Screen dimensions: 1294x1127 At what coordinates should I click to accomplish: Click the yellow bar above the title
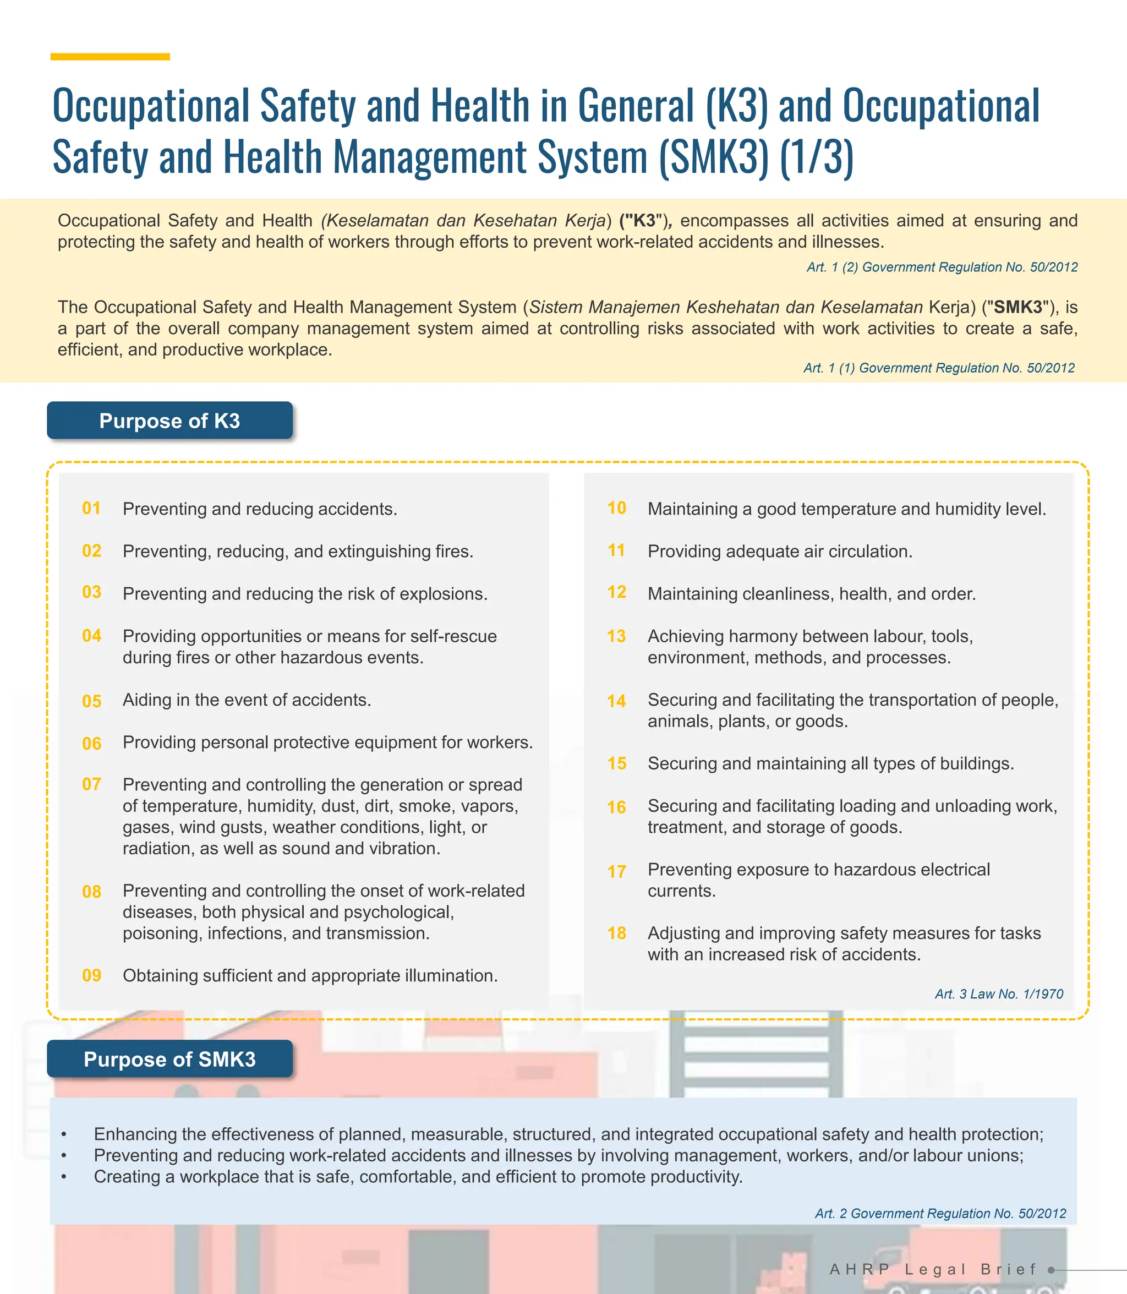click(x=110, y=57)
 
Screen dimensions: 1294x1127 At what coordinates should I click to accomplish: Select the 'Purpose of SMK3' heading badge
click(x=170, y=1059)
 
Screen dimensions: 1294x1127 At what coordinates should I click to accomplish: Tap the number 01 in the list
click(x=92, y=508)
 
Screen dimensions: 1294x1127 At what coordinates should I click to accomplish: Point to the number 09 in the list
click(x=92, y=975)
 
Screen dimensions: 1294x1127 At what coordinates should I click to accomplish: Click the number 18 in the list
click(x=616, y=933)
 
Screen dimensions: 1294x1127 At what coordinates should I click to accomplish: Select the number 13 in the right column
click(x=616, y=636)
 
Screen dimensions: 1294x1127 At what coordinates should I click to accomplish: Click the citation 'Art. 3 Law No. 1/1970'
click(x=999, y=994)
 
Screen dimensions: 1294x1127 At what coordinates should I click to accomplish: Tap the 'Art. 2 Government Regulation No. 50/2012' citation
click(x=940, y=1214)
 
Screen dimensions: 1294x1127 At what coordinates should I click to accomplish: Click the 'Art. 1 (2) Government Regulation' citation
click(x=942, y=267)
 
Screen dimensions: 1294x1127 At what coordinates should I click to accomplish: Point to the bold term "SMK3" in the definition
click(x=1019, y=308)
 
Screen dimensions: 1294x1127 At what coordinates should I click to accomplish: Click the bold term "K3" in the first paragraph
click(x=644, y=221)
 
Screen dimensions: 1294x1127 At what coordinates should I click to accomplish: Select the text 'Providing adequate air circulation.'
click(x=780, y=552)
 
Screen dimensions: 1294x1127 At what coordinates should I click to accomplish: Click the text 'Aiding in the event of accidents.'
click(x=247, y=700)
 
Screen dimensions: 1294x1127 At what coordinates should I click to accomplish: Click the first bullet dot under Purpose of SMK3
click(x=63, y=1134)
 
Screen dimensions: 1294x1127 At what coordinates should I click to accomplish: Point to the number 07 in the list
click(x=92, y=784)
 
